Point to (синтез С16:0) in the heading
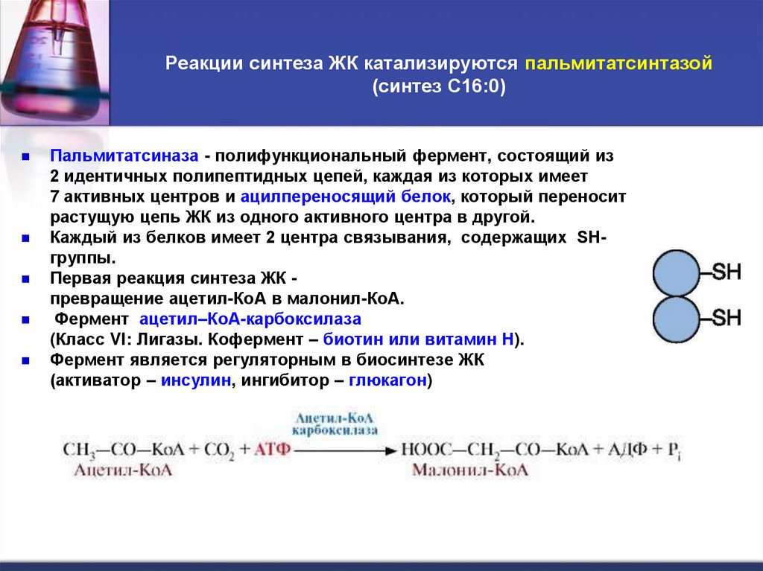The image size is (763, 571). pyautogui.click(x=439, y=86)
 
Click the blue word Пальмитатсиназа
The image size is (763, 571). pyautogui.click(x=124, y=156)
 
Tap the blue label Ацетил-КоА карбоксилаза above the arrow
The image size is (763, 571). pyautogui.click(x=335, y=424)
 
